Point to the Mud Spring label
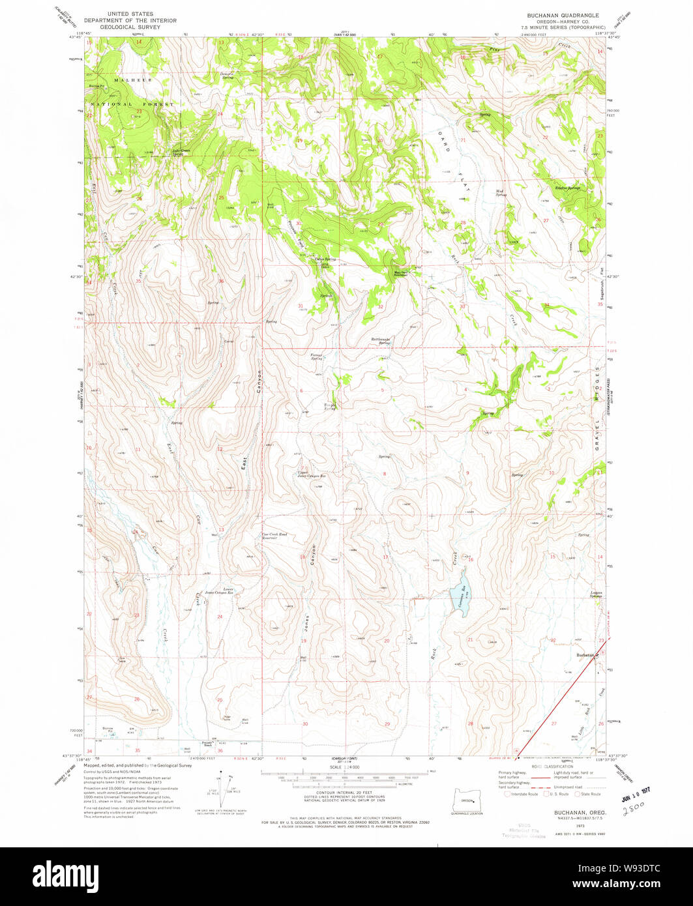tap(501, 193)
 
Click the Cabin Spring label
tap(325, 259)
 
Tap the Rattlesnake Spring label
tap(384, 340)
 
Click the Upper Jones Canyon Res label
tap(312, 474)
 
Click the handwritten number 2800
tap(632, 809)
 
